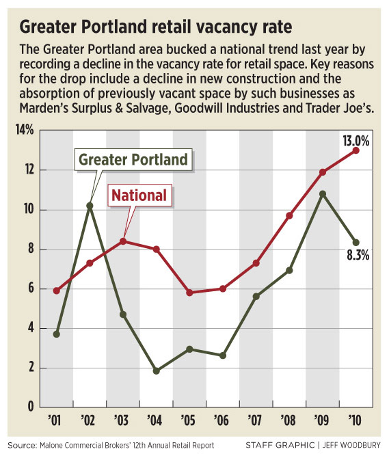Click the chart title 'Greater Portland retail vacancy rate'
pyautogui.click(x=156, y=27)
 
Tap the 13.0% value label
pyautogui.click(x=356, y=141)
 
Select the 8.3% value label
pyautogui.click(x=358, y=255)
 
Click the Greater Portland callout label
pyautogui.click(x=133, y=159)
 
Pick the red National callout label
pyautogui.click(x=139, y=195)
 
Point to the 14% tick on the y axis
pyautogui.click(x=25, y=130)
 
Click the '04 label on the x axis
pyautogui.click(x=155, y=420)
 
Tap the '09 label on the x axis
pyautogui.click(x=321, y=420)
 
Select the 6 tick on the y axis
pyautogui.click(x=31, y=288)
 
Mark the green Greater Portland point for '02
pyautogui.click(x=90, y=206)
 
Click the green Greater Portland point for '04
pyautogui.click(x=157, y=371)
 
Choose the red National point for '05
pyautogui.click(x=189, y=293)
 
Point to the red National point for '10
pyautogui.click(x=356, y=150)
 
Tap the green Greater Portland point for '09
pyautogui.click(x=323, y=194)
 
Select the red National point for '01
pyautogui.click(x=57, y=291)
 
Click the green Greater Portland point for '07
pyautogui.click(x=256, y=297)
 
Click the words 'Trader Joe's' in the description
pyautogui.click(x=340, y=109)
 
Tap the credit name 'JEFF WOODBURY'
pyautogui.click(x=351, y=445)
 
